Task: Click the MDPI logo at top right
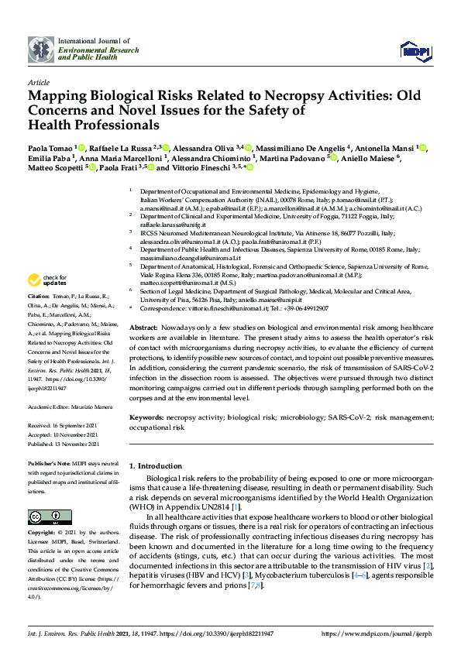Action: pos(415,50)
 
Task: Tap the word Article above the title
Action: pos(37,81)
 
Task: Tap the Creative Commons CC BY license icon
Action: pos(39,516)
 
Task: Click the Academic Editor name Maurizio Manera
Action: pos(96,405)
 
